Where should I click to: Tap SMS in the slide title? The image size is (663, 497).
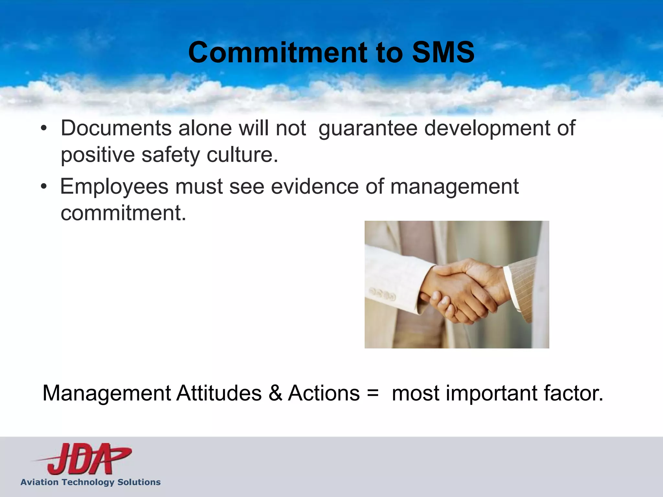(x=443, y=52)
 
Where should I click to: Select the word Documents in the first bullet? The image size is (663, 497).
(x=116, y=128)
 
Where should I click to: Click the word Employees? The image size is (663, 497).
(x=114, y=187)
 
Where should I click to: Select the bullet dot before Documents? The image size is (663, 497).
(x=44, y=129)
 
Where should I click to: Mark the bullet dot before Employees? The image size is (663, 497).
(x=44, y=187)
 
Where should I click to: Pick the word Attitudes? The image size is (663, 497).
(x=219, y=393)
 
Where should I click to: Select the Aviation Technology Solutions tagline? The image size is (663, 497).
(x=91, y=482)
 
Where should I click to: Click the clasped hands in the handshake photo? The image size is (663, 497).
(x=463, y=290)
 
